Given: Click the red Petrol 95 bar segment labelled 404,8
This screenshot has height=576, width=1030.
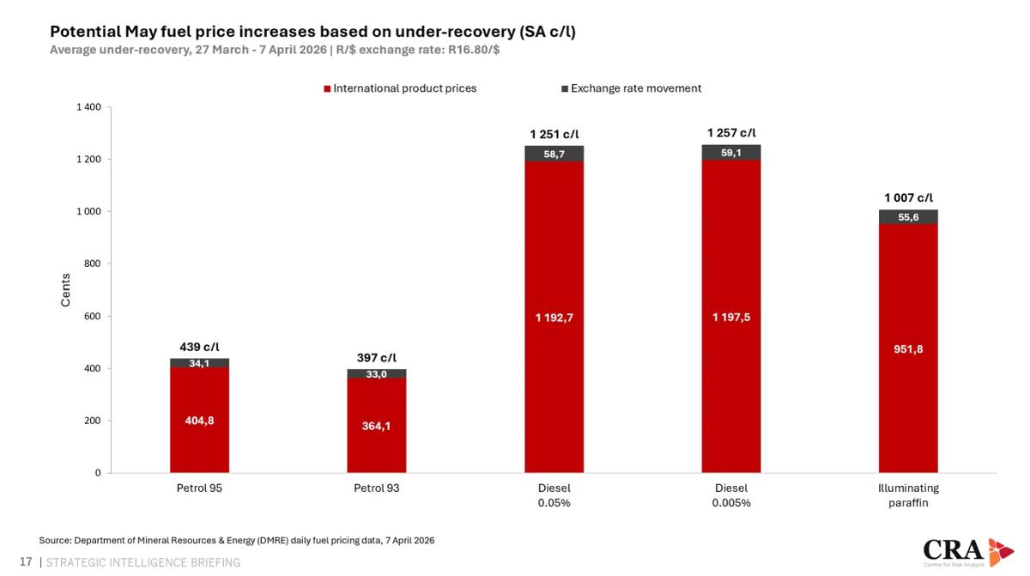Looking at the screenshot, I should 199,421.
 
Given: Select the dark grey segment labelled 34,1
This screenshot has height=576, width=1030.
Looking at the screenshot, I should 199,363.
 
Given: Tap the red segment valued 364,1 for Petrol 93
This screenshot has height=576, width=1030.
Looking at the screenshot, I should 376,426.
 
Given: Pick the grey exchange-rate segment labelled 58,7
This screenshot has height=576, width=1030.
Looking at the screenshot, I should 554,154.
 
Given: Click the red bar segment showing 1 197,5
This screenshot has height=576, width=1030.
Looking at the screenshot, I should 731,318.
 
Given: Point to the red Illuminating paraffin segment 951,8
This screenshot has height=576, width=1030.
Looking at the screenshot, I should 908,349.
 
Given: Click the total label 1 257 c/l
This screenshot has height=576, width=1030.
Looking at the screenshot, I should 731,133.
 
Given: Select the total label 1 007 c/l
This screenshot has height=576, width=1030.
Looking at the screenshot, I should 908,198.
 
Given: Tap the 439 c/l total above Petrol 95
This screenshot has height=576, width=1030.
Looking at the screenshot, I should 199,347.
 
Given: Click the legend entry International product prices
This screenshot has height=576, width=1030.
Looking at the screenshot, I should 404,88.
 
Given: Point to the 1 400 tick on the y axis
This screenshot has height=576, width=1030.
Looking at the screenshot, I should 88,107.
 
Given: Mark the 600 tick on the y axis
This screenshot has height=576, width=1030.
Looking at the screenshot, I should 92,316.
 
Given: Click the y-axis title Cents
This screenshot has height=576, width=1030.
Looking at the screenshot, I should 66,290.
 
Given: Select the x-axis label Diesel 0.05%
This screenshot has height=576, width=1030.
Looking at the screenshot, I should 554,495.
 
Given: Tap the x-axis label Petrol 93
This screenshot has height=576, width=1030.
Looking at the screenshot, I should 376,488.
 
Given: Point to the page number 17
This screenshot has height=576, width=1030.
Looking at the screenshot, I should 25,562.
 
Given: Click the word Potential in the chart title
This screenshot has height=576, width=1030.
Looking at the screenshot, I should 84,32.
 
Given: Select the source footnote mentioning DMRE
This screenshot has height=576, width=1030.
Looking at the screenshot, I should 237,540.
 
